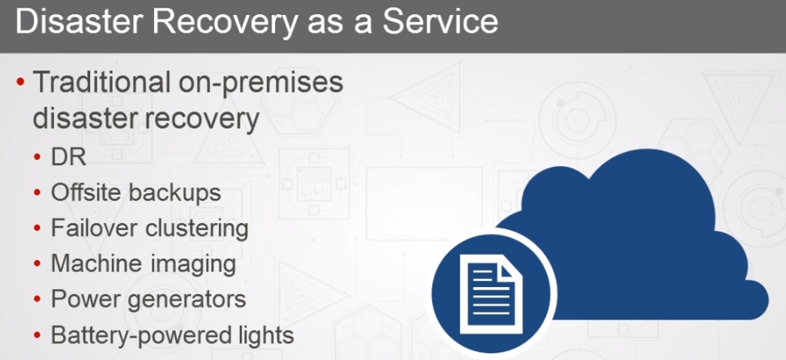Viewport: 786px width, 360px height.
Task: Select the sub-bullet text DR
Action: (68, 157)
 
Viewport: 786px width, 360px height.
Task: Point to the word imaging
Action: (196, 265)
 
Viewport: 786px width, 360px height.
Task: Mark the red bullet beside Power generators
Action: (37, 300)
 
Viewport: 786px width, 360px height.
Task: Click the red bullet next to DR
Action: (37, 158)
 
